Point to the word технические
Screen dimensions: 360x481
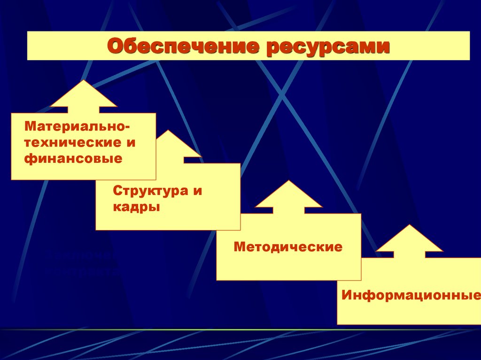[x=70, y=143]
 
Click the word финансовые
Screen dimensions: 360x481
[x=74, y=159]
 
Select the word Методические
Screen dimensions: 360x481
[x=288, y=246]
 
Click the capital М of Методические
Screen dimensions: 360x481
[x=239, y=246]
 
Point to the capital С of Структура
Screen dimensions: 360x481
[x=117, y=191]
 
